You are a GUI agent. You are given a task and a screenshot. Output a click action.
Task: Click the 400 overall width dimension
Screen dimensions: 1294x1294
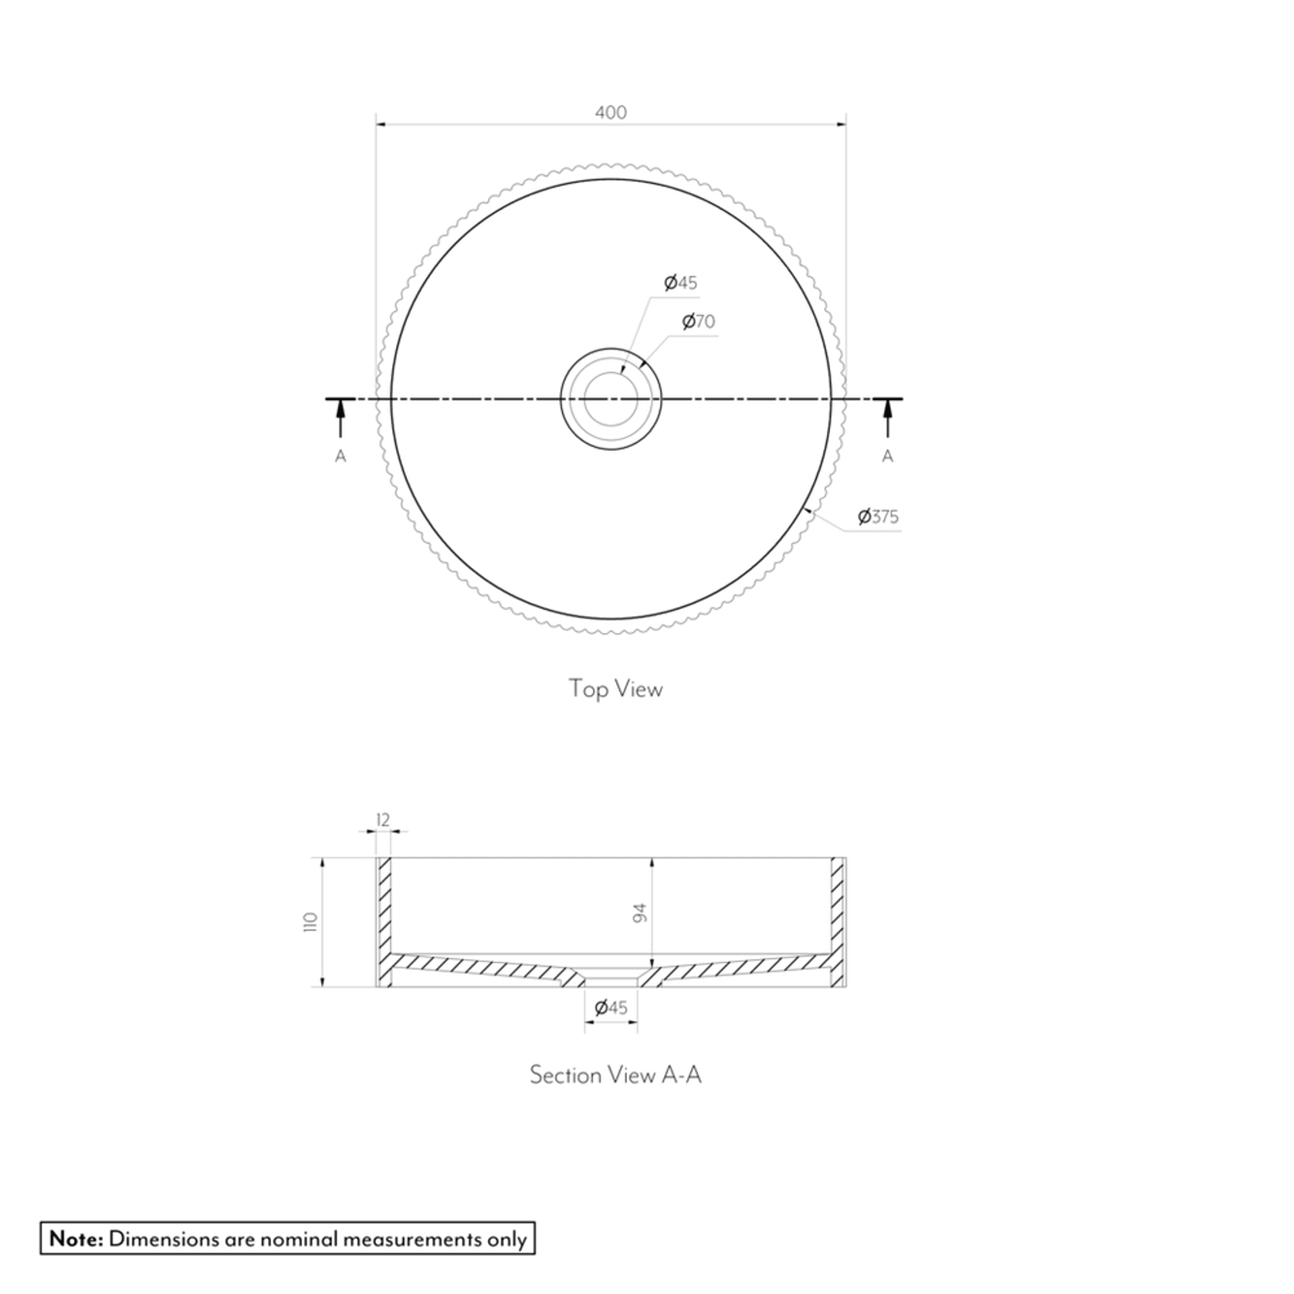click(x=611, y=113)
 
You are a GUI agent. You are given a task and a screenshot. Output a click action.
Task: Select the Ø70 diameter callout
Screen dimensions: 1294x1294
click(x=699, y=321)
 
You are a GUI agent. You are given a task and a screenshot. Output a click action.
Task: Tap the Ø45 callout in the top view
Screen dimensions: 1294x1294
click(x=681, y=283)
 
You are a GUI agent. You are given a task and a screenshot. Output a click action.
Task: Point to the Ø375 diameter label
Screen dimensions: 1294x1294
click(x=879, y=517)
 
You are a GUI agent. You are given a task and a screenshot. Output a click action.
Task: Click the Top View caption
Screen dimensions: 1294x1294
click(x=615, y=688)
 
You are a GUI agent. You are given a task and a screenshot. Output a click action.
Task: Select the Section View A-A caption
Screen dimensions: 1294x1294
click(x=615, y=1075)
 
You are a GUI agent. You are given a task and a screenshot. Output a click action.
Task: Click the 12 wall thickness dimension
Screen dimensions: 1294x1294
click(x=383, y=820)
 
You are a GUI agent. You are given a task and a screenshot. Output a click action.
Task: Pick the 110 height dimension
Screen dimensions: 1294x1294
click(x=311, y=922)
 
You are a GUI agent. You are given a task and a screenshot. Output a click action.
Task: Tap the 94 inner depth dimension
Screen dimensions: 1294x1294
click(x=639, y=913)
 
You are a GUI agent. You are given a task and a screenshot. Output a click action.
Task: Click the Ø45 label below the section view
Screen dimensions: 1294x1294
click(x=611, y=1008)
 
